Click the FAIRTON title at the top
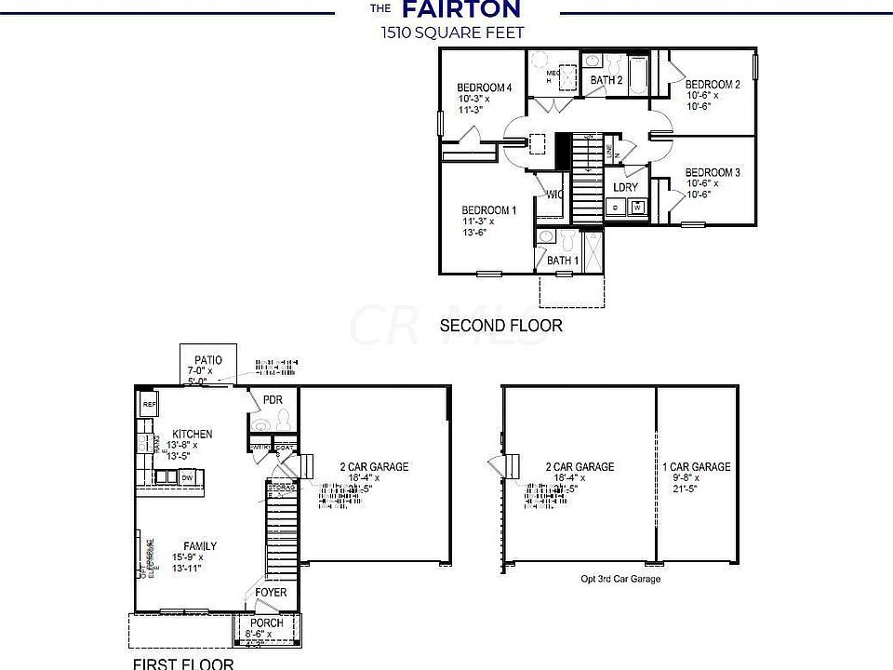[x=460, y=10]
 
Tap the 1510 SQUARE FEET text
[x=451, y=33]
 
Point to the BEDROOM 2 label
[x=713, y=85]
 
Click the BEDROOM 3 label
[x=713, y=172]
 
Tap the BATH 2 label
[x=606, y=80]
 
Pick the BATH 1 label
[x=562, y=261]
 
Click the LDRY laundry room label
[x=626, y=187]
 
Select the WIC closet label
[x=554, y=194]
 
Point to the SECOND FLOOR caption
[x=500, y=326]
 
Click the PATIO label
[x=207, y=359]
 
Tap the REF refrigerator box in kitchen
[x=149, y=405]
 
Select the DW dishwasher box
[x=187, y=477]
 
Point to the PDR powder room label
[x=273, y=400]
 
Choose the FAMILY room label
[x=200, y=546]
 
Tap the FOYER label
[x=272, y=593]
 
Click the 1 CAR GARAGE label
[x=697, y=467]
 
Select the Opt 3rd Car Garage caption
[x=620, y=579]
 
